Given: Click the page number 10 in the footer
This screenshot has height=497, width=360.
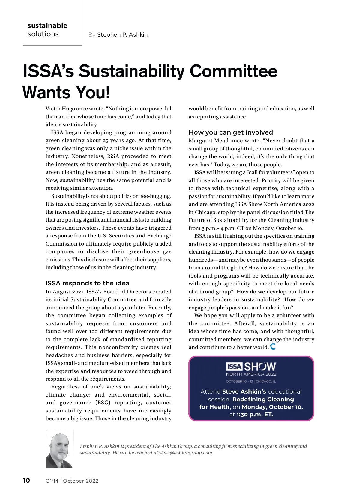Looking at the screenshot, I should pyautogui.click(x=26, y=481).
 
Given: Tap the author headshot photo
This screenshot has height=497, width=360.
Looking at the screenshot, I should pyautogui.click(x=59, y=449).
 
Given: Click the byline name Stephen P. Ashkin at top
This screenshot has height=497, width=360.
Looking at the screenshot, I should pyautogui.click(x=122, y=35).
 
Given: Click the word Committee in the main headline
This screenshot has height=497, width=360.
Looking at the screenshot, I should pyautogui.click(x=233, y=71).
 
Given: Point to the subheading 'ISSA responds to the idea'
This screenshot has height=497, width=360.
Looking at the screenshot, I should pyautogui.click(x=88, y=283).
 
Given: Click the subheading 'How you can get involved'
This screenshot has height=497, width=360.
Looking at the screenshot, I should pyautogui.click(x=231, y=132).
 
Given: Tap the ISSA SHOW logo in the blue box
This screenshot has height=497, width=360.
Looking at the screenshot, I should pyautogui.click(x=251, y=366).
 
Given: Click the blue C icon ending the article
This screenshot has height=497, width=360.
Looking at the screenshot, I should pyautogui.click(x=273, y=347).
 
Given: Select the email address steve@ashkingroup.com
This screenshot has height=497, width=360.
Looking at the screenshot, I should pyautogui.click(x=186, y=453).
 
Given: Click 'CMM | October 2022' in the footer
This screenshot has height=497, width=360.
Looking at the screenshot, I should pyautogui.click(x=72, y=481).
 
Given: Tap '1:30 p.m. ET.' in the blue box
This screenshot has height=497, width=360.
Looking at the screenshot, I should pyautogui.click(x=255, y=415).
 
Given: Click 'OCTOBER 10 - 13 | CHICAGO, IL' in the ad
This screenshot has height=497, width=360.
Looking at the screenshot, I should pyautogui.click(x=251, y=382).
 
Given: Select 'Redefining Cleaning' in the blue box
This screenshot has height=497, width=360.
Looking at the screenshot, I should pyautogui.click(x=263, y=399).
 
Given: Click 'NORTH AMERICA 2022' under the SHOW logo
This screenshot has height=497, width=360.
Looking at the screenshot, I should pyautogui.click(x=251, y=374).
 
